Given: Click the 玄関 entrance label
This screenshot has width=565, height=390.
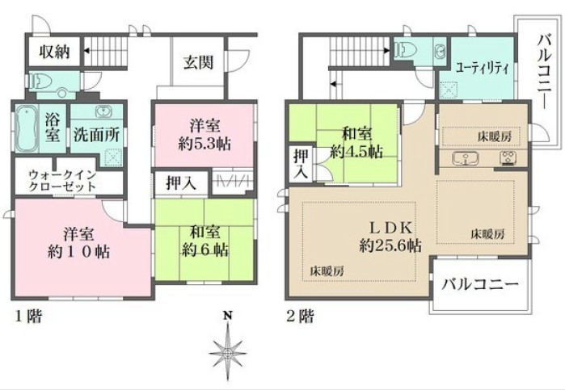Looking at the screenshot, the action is (x=198, y=62).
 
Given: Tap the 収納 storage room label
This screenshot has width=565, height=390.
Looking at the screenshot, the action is (x=54, y=52).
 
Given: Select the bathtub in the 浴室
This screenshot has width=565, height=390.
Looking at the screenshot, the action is (x=27, y=128).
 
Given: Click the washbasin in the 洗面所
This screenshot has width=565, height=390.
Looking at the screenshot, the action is (x=103, y=111).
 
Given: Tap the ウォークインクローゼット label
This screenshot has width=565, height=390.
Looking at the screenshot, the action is (x=63, y=181).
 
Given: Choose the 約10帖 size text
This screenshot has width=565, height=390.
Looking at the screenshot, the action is (x=79, y=252).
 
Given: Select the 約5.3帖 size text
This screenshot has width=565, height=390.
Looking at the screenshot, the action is (x=204, y=144).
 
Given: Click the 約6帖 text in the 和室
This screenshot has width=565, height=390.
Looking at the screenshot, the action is (x=204, y=250).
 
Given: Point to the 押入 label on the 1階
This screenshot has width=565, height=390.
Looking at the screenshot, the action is (x=181, y=183).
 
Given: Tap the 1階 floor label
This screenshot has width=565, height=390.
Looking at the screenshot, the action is (x=29, y=317).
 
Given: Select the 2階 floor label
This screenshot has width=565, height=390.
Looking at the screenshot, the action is (x=301, y=317).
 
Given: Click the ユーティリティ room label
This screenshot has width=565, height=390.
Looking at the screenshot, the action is (x=482, y=68).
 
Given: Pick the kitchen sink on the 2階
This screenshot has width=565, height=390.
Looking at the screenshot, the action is (x=465, y=158).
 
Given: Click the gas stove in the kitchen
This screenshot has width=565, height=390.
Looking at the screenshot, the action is (x=508, y=158).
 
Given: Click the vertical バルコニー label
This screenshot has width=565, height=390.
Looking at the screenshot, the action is (x=545, y=72).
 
